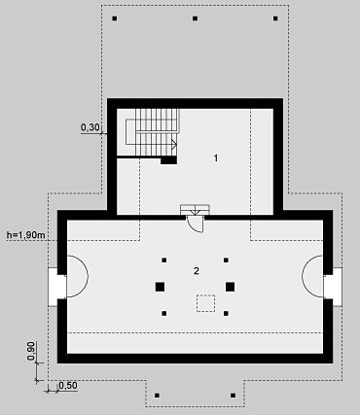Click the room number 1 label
pos(216,158)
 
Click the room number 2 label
pos(197,271)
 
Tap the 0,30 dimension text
pos(90,127)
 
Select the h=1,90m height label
pos(26,235)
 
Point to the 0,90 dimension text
pos(31,351)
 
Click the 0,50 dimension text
pos(68,386)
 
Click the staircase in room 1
pos(152,132)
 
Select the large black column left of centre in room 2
pos(160,287)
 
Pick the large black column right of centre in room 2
pos(230,287)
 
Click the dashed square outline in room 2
pos(205,303)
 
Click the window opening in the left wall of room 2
pos(57,287)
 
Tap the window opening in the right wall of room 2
pos(333,287)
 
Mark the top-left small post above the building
pos(115,18)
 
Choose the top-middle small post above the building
pos(195,18)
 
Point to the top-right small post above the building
pos(275,18)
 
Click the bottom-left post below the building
pos(157,396)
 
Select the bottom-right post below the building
pos(233,396)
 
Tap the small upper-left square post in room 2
pos(164,259)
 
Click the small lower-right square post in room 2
pos(226,313)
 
